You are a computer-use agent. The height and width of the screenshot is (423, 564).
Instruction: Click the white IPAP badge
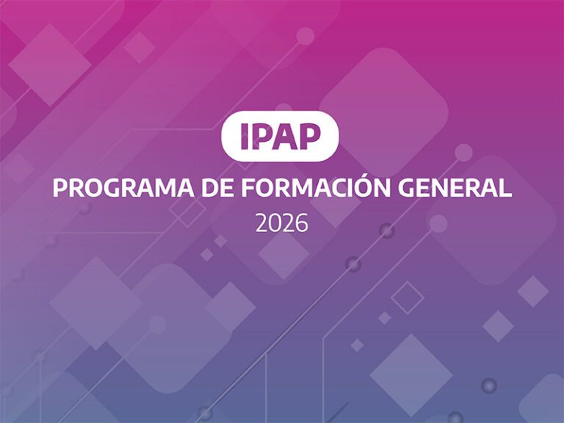[x=280, y=136]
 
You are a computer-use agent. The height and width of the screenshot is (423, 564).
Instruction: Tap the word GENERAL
[x=455, y=188]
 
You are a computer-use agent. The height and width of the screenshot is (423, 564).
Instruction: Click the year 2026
[x=282, y=223]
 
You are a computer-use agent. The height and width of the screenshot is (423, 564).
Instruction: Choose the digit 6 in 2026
[x=301, y=223]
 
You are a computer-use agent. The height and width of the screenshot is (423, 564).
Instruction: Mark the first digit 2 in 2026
[x=262, y=223]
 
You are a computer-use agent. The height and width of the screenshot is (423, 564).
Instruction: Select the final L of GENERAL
[x=505, y=188]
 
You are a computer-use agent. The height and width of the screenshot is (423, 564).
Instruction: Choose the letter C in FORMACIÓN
[x=336, y=188]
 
